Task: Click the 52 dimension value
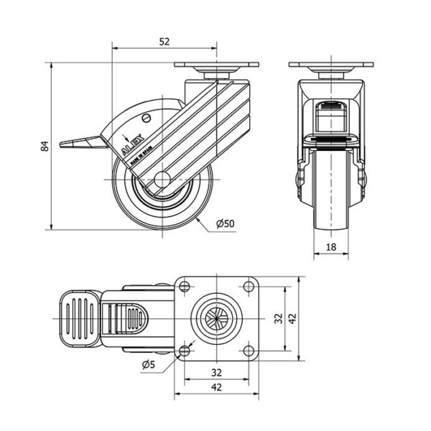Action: click(x=164, y=42)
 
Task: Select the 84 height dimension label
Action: click(x=45, y=147)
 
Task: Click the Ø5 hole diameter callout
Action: click(x=149, y=365)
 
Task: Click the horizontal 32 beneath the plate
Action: click(x=215, y=372)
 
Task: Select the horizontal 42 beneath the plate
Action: click(x=215, y=388)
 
